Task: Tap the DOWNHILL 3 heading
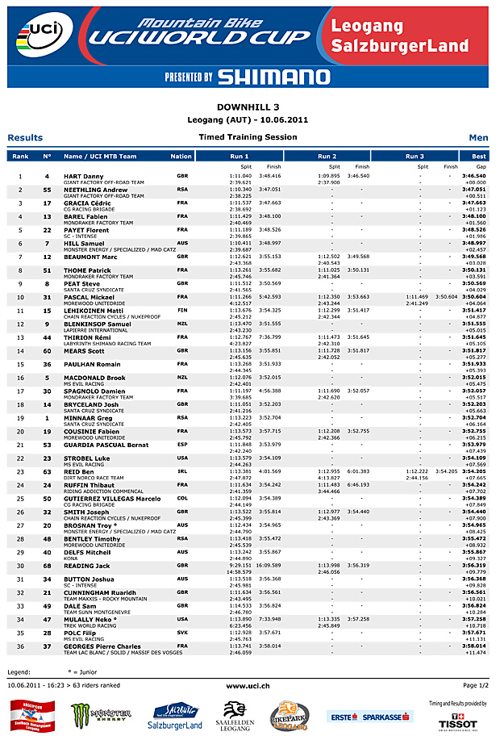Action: tap(249, 107)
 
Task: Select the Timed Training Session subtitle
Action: tap(248, 137)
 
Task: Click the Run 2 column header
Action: tap(327, 156)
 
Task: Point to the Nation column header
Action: tap(181, 156)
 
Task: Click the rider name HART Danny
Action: tap(84, 175)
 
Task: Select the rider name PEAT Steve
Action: tap(81, 283)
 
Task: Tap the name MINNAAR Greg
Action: tap(88, 418)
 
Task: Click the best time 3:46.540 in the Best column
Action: tap(474, 175)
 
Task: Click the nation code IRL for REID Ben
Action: tap(181, 470)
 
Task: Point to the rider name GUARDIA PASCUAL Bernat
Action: tap(106, 444)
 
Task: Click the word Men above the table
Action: tap(478, 138)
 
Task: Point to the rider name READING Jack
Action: tap(86, 565)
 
